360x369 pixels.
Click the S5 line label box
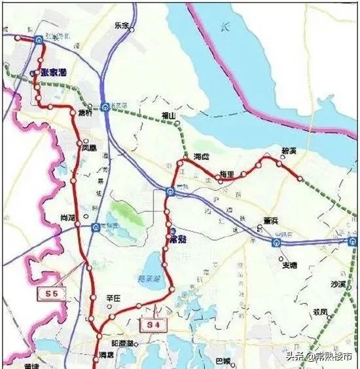pyautogui.click(x=52, y=294)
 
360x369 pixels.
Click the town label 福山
pyautogui.click(x=170, y=116)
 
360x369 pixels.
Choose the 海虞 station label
pyautogui.click(x=202, y=157)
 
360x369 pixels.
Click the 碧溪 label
pyautogui.click(x=288, y=151)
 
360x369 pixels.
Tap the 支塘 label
pyautogui.click(x=289, y=265)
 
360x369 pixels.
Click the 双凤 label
pyautogui.click(x=320, y=311)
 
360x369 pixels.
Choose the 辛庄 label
pyautogui.click(x=114, y=298)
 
